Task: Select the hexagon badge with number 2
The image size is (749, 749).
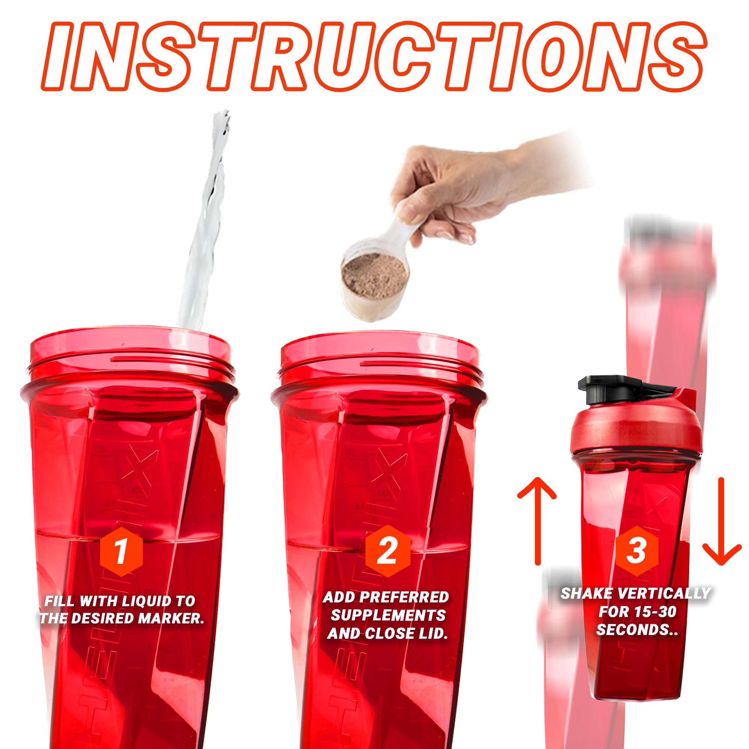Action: tap(387, 551)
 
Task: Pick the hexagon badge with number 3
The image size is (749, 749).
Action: tap(636, 551)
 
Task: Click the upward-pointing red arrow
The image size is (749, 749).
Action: tap(537, 521)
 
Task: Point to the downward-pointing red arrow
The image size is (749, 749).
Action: tap(722, 521)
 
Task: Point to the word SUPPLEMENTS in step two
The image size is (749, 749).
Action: tap(388, 615)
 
